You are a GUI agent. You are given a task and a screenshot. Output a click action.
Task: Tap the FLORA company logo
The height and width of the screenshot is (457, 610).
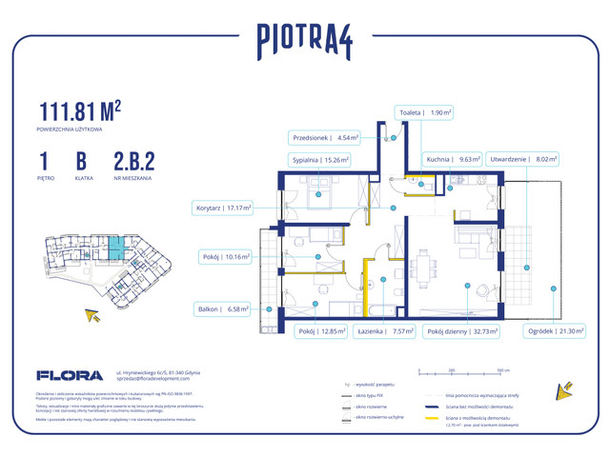click(x=64, y=376)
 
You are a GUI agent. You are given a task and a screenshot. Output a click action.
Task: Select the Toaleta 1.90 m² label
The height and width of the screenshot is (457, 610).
click(x=425, y=112)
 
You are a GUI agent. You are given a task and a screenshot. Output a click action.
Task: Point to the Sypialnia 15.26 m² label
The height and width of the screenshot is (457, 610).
click(x=319, y=160)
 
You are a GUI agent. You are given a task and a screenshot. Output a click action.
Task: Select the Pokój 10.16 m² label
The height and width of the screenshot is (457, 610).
click(x=225, y=256)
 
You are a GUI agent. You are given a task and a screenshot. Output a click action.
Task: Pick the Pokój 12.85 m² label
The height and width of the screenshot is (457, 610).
click(x=318, y=331)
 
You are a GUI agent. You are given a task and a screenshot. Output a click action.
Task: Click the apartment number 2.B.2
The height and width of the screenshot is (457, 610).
click(x=133, y=161)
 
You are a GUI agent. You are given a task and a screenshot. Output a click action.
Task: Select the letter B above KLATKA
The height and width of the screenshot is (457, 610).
click(x=82, y=161)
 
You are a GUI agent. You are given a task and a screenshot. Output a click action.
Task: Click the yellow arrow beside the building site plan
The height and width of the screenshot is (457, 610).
click(x=93, y=314)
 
